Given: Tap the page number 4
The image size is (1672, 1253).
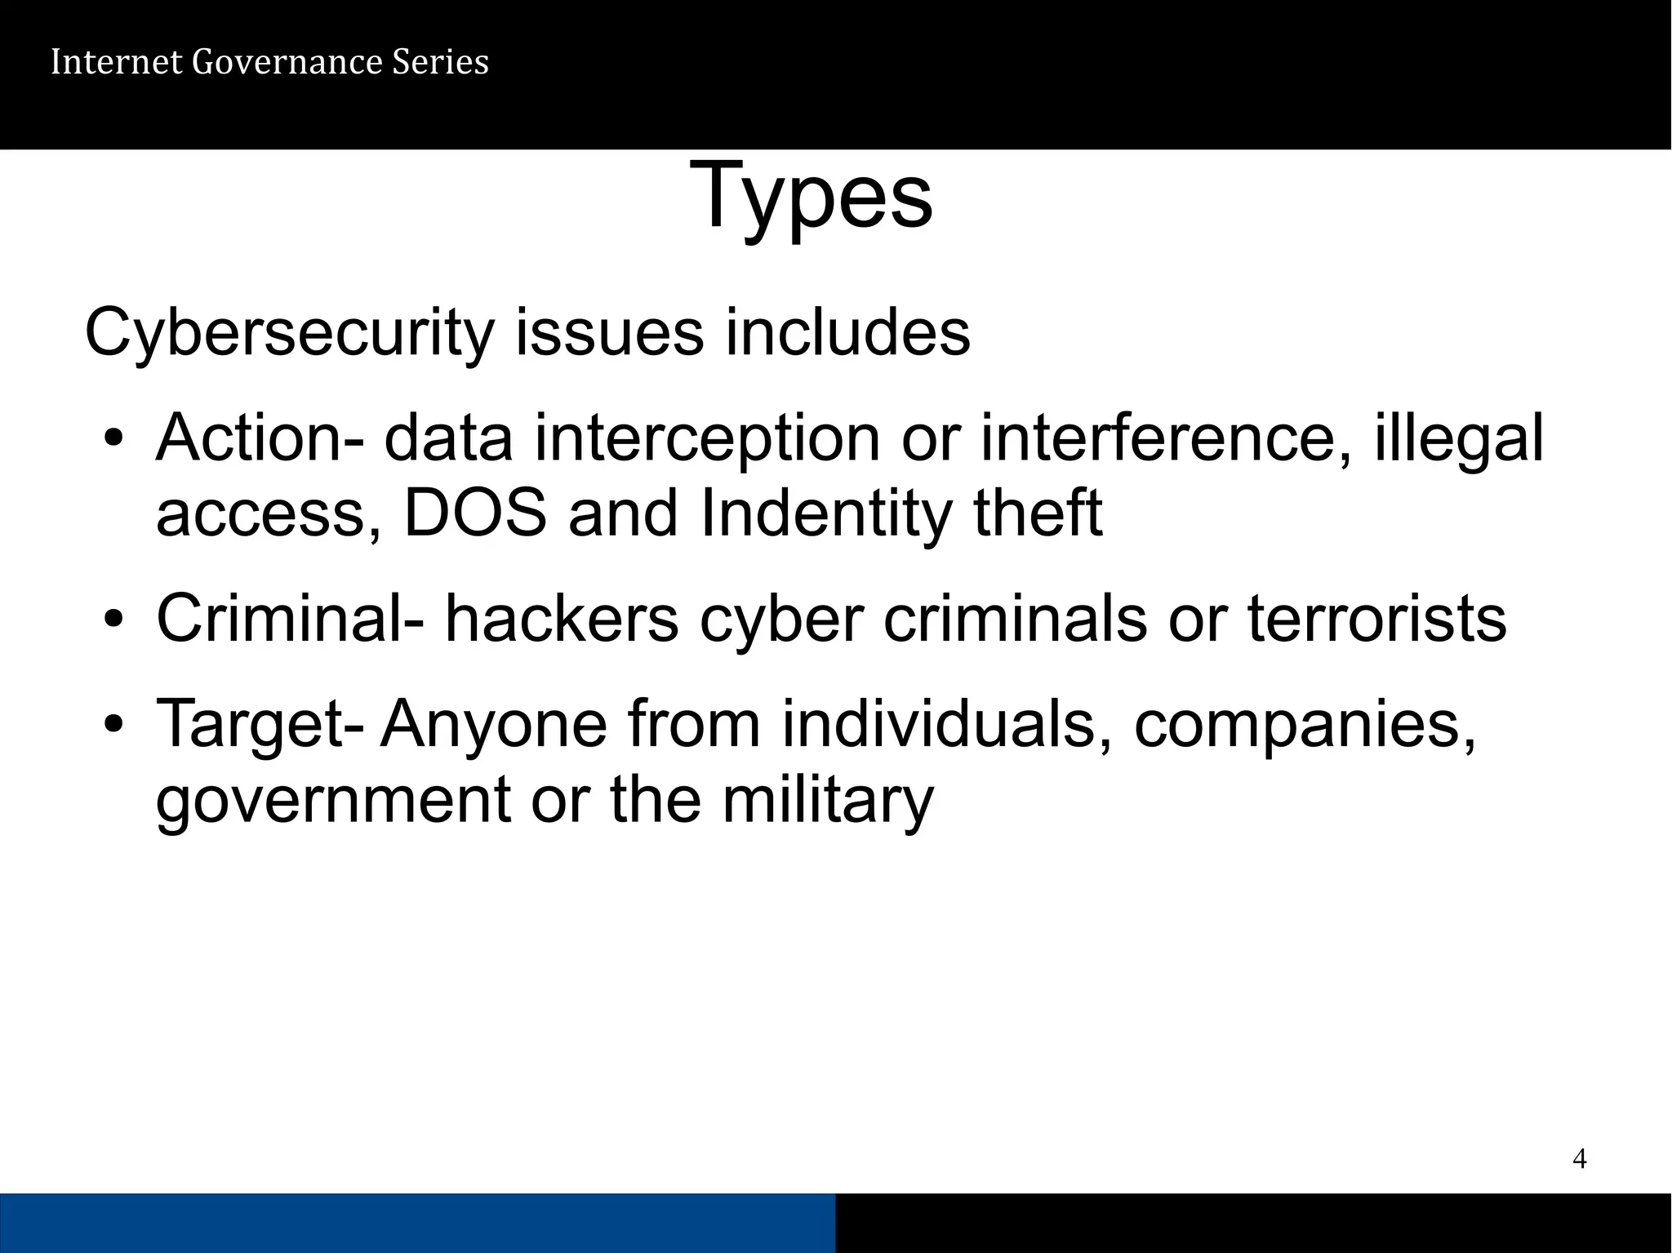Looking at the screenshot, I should click(x=1579, y=1158).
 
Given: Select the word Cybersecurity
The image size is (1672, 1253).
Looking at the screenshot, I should click(x=290, y=334).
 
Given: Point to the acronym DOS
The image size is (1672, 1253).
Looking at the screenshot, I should click(x=475, y=513).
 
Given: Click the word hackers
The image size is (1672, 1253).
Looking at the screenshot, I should click(x=562, y=619).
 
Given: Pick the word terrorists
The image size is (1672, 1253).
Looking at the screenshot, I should click(x=1377, y=619).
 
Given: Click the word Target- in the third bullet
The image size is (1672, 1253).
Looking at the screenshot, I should click(x=260, y=724).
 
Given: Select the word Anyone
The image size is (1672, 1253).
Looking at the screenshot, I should click(x=494, y=724).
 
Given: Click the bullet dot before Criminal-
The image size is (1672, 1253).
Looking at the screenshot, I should click(x=114, y=620).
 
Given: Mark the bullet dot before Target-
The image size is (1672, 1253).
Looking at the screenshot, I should click(x=114, y=726).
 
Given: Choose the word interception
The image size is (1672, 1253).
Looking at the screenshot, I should click(x=707, y=438).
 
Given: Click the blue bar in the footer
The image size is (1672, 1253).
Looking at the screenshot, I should click(x=417, y=1222).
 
